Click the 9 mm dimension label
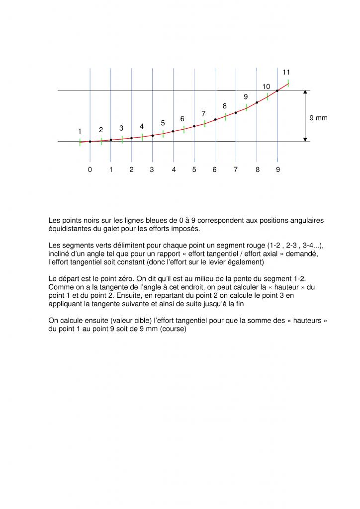pos(318,118)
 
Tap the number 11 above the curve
pos(286,73)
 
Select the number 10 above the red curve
pos(267,87)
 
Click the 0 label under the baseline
pos(90,170)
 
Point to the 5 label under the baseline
pos(194,170)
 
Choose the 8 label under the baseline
pos(258,170)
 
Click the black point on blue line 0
pos(90,142)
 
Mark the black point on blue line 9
pos(277,91)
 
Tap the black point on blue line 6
pos(215,119)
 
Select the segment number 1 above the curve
pos(80,131)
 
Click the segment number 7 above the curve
pos(203,114)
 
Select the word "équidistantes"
pos(70,229)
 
